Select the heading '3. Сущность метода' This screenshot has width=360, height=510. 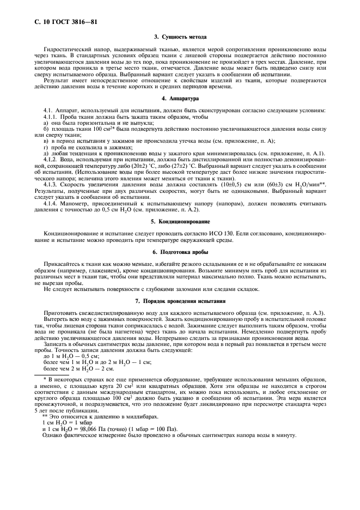tap(180, 37)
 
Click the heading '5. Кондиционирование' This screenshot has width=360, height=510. tap(180, 222)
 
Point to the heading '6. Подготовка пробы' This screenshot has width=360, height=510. tap(180, 252)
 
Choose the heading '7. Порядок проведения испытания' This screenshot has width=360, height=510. tap(180, 301)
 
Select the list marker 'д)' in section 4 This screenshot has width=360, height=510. tap(46, 154)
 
